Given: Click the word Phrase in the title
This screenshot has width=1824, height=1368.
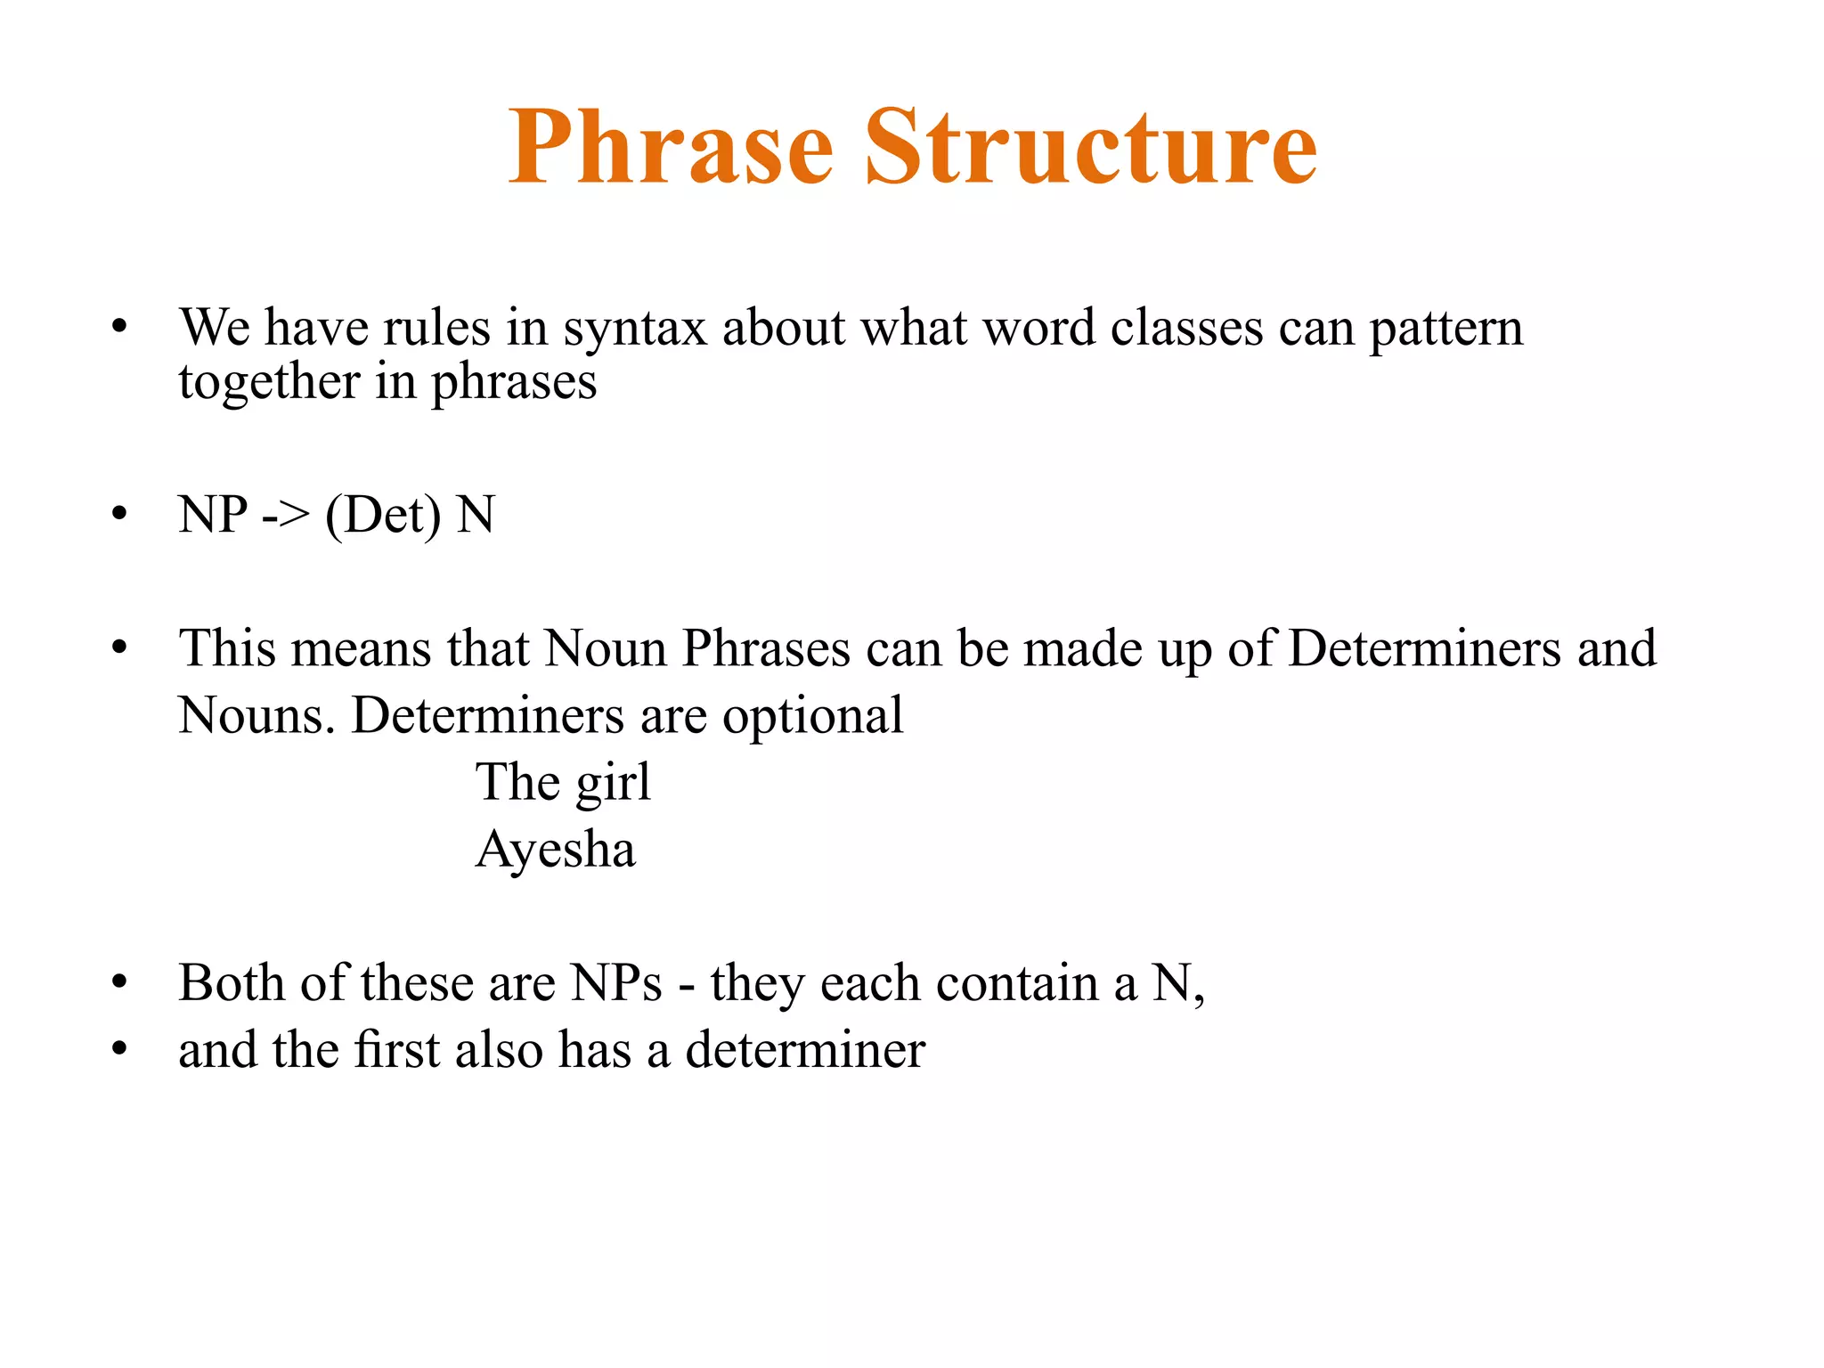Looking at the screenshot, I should point(670,147).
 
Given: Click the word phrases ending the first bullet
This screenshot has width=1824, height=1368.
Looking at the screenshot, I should point(514,383).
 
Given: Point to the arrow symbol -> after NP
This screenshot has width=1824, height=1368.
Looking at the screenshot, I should point(286,516).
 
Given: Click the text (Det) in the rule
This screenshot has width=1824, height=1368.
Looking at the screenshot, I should point(383,516).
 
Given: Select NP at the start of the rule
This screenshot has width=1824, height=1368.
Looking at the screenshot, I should point(213,515).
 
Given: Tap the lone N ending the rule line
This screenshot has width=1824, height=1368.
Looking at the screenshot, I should point(476,515).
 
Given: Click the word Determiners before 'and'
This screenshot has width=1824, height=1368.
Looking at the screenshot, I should point(1424,648).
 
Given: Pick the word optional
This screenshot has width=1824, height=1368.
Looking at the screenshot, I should point(812,716).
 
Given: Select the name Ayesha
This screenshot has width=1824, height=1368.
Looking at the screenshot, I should point(556,850).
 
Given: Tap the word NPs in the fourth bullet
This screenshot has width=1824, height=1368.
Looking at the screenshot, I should point(616,983).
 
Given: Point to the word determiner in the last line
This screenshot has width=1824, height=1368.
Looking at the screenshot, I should point(804,1050).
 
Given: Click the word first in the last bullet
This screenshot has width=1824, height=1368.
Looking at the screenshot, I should point(396,1050).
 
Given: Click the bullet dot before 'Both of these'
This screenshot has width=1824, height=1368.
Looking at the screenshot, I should point(119,983).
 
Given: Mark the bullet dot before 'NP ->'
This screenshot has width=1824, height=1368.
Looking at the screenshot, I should point(119,515).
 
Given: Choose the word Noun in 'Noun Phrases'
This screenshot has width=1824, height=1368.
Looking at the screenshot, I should point(605,648).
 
